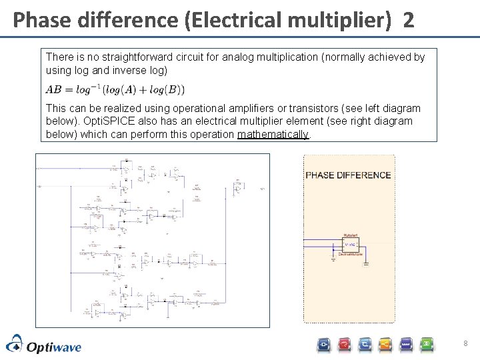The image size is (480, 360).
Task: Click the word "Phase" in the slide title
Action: click(x=39, y=20)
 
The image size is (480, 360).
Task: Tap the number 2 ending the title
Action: click(x=408, y=20)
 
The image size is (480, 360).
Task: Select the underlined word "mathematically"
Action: click(x=273, y=134)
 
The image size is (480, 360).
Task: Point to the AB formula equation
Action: click(x=115, y=89)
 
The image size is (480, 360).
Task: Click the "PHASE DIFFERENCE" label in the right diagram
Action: click(x=348, y=175)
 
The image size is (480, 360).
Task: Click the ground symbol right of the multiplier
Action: click(x=365, y=265)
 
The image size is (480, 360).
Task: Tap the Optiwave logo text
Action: click(x=53, y=346)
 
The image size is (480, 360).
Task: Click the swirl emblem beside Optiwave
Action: click(x=15, y=345)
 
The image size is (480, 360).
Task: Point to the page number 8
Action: click(x=465, y=344)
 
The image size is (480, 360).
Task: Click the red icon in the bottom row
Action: click(x=344, y=345)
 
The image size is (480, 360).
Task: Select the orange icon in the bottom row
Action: click(x=385, y=345)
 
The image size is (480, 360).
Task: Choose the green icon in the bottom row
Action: click(x=427, y=345)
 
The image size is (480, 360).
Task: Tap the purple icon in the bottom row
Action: click(x=406, y=345)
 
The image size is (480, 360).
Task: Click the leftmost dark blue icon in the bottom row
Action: click(x=323, y=345)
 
